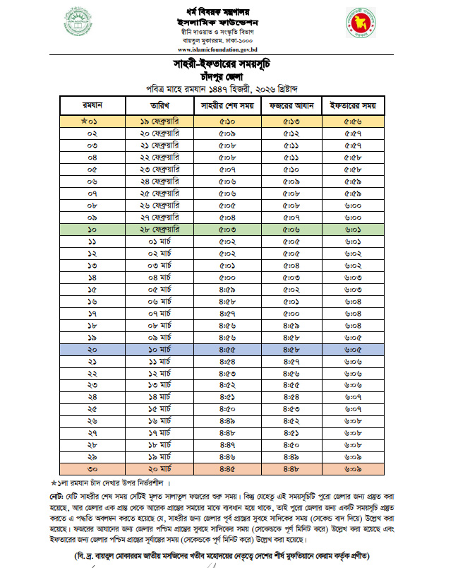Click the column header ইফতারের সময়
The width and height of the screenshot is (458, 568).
(353, 106)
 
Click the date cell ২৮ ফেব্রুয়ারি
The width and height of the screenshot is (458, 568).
(159, 230)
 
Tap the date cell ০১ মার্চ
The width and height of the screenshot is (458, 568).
(159, 242)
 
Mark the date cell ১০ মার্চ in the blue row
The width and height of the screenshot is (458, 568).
(159, 348)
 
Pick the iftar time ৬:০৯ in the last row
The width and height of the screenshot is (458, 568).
(353, 468)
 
